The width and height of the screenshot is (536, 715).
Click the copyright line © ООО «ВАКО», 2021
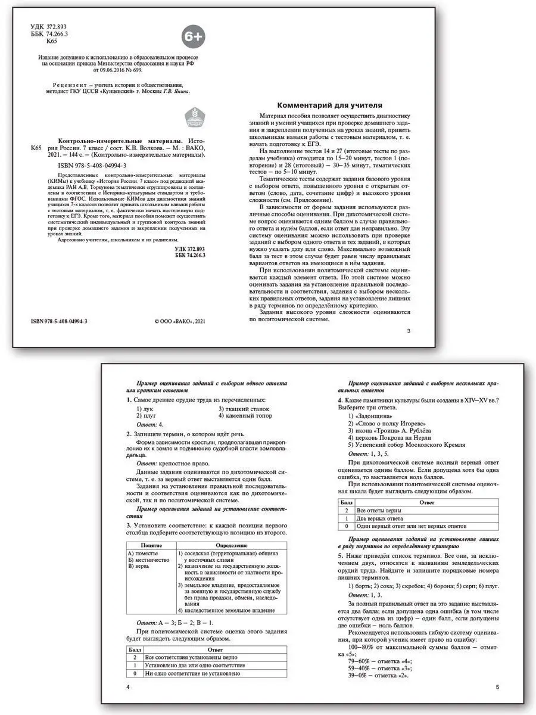(x=179, y=321)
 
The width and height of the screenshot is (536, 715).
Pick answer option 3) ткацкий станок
(x=244, y=409)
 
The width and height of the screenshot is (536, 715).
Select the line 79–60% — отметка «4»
(x=379, y=661)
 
